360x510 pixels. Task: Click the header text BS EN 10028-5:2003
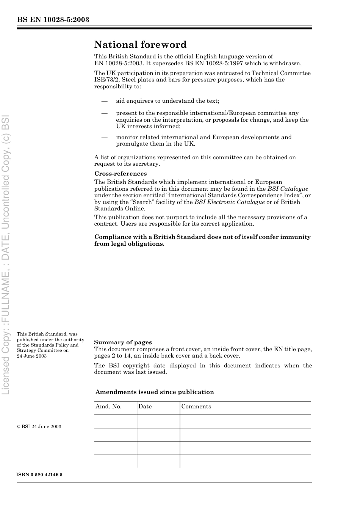pyautogui.click(x=53, y=20)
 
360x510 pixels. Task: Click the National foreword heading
pyautogui.click(x=140, y=45)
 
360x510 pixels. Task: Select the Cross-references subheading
pyautogui.click(x=121, y=174)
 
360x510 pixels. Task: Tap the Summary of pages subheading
pyautogui.click(x=123, y=342)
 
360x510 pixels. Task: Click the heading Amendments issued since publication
pyautogui.click(x=155, y=392)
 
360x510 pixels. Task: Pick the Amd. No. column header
pyautogui.click(x=109, y=406)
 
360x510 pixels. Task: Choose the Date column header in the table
pyautogui.click(x=145, y=406)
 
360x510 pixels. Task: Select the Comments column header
pyautogui.click(x=196, y=406)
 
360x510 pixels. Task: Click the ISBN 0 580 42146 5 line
pyautogui.click(x=40, y=475)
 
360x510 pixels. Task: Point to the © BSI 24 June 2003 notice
pyautogui.click(x=39, y=427)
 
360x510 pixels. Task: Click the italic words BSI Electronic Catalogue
pyautogui.click(x=229, y=202)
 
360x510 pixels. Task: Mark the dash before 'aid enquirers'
pyautogui.click(x=104, y=101)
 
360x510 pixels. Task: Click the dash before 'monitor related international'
pyautogui.click(x=104, y=138)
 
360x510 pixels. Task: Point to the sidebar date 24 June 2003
pyautogui.click(x=32, y=356)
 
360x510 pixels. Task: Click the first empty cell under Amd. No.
pyautogui.click(x=115, y=421)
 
